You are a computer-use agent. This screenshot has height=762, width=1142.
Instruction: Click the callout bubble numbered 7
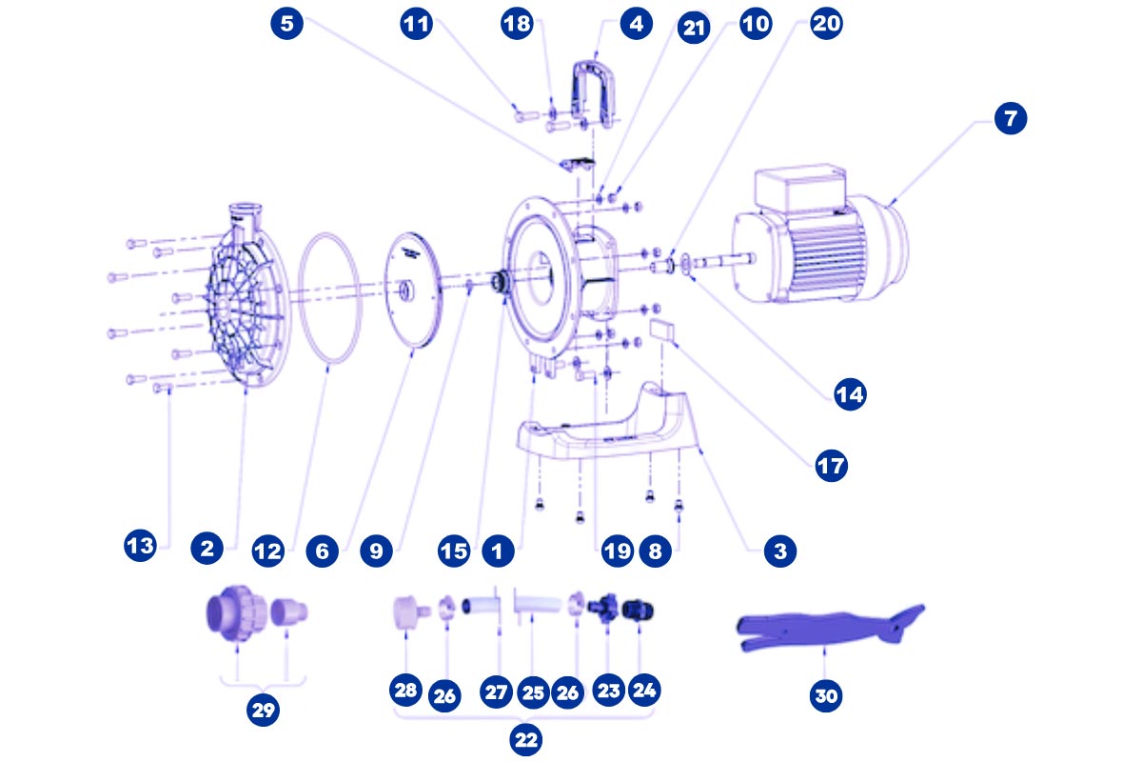[x=1011, y=120]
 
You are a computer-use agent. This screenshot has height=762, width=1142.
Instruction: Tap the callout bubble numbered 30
[x=826, y=696]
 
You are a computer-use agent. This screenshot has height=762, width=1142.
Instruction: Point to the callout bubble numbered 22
[x=524, y=738]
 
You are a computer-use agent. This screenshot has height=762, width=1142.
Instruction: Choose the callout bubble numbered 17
[x=831, y=467]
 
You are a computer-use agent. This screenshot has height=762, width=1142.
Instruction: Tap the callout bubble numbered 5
[x=287, y=24]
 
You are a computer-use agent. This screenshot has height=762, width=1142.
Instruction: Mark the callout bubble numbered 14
[x=850, y=392]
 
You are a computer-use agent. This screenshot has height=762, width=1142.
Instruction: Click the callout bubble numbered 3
[x=779, y=550]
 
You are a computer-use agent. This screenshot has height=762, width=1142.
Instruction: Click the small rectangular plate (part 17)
[x=662, y=330]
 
